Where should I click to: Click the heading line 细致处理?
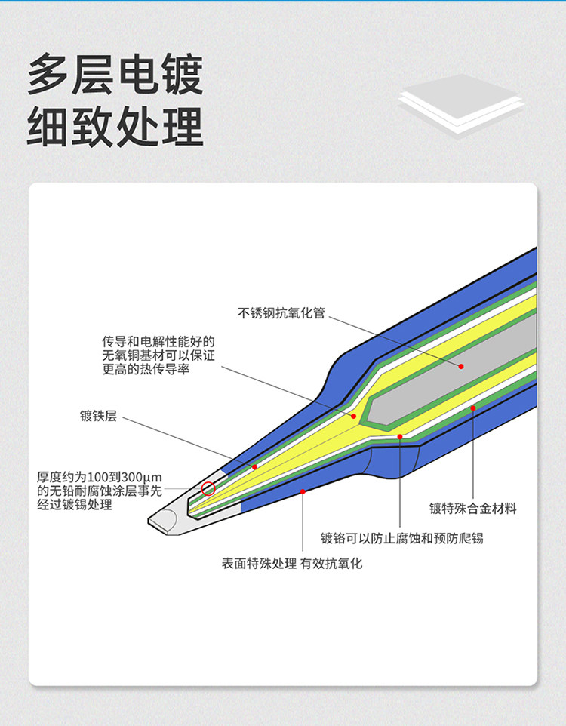pyautogui.click(x=115, y=125)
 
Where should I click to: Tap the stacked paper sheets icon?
pyautogui.click(x=460, y=103)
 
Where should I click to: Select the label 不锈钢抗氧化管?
pyautogui.click(x=281, y=312)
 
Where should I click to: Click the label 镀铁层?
pyautogui.click(x=98, y=416)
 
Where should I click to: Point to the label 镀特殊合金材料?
pyautogui.click(x=473, y=508)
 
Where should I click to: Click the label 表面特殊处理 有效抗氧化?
pyautogui.click(x=291, y=563)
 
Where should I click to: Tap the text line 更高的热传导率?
pyautogui.click(x=146, y=369)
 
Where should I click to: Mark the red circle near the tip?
pyautogui.click(x=208, y=488)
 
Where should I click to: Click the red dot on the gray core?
pyautogui.click(x=461, y=366)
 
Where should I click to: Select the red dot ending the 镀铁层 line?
pyautogui.click(x=254, y=467)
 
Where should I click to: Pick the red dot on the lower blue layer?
pyautogui.click(x=302, y=491)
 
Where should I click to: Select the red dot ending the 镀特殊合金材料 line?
pyautogui.click(x=473, y=408)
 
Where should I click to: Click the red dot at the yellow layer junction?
pyautogui.click(x=353, y=416)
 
